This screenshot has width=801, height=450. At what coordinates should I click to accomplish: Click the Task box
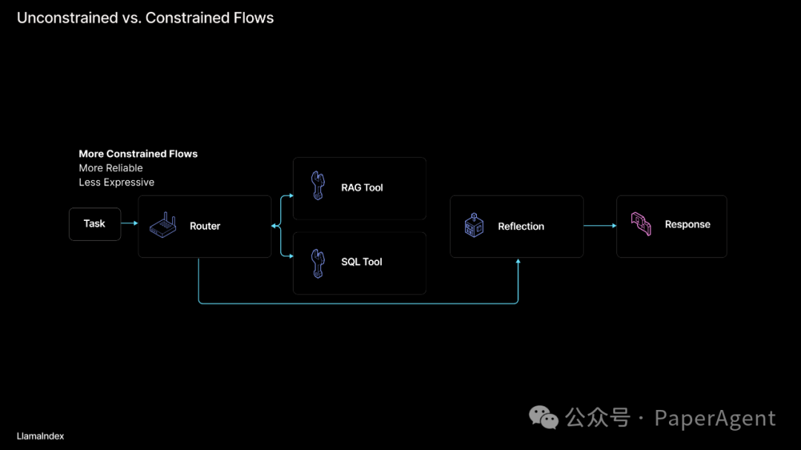[94, 224]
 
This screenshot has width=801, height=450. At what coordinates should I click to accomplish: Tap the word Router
[205, 226]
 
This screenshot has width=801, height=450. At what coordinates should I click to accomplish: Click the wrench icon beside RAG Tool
[317, 186]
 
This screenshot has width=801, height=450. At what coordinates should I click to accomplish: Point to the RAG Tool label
[362, 188]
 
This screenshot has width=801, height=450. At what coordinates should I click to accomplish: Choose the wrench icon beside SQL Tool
[317, 262]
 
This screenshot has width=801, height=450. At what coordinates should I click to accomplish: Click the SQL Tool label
[361, 262]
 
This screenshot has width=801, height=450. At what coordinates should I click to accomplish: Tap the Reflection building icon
[474, 225]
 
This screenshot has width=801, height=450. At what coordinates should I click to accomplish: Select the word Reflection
[521, 226]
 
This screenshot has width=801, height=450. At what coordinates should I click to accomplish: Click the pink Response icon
[641, 224]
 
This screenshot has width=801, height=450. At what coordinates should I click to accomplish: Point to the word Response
[688, 225]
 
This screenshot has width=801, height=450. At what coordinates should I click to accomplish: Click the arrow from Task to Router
[130, 223]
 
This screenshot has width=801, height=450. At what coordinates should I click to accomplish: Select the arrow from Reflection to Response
[599, 225]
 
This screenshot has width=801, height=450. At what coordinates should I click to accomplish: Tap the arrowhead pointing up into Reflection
[518, 262]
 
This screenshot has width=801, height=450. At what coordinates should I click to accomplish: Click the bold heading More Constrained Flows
[138, 153]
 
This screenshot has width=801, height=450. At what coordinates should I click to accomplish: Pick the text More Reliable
[111, 168]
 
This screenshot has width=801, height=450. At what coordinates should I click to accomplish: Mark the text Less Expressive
[116, 182]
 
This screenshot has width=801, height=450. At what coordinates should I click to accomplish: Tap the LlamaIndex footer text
[40, 436]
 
